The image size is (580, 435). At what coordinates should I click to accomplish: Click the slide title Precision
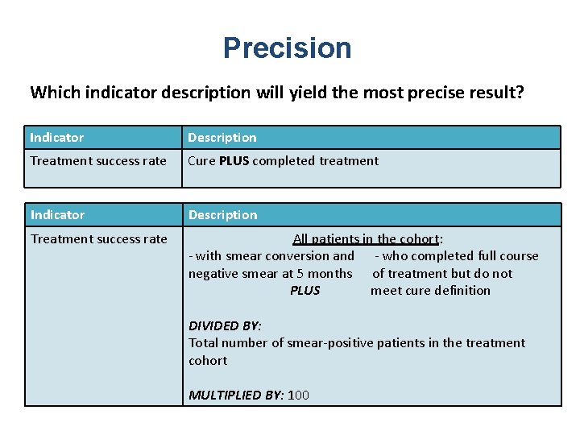click(288, 48)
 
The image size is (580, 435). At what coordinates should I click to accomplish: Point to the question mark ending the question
click(520, 92)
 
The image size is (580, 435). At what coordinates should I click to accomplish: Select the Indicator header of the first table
click(57, 138)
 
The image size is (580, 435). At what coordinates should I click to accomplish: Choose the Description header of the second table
click(222, 215)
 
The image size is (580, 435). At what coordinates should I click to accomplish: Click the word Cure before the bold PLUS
click(201, 160)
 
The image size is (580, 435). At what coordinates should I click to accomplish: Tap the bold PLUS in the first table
click(234, 160)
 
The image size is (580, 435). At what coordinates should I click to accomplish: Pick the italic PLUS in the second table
click(304, 291)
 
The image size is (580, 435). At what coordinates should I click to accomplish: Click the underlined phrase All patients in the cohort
click(367, 238)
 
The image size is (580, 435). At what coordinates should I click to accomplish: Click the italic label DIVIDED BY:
click(225, 325)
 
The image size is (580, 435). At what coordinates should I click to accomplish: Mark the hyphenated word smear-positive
click(332, 343)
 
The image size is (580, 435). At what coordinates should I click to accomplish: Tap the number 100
click(298, 395)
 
